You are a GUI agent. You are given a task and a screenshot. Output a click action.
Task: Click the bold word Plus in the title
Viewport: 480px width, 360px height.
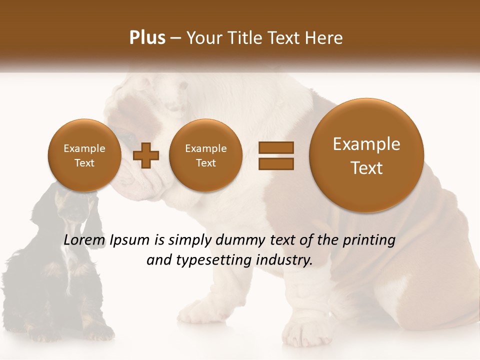pos(147,38)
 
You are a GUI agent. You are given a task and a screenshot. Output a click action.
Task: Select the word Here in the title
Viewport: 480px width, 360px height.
pos(325,38)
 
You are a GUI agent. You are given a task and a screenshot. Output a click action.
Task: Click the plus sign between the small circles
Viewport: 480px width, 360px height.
pos(146,155)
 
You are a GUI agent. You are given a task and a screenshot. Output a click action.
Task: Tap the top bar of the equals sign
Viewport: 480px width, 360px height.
pos(275,147)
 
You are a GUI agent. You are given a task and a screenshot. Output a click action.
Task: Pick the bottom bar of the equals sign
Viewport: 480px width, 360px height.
pos(275,163)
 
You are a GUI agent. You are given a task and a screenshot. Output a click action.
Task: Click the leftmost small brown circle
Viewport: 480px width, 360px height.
pos(84,155)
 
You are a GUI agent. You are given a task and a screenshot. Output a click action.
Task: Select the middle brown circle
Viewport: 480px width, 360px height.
pos(205,155)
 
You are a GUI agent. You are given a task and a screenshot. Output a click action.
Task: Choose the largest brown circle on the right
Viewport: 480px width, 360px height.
pos(366,155)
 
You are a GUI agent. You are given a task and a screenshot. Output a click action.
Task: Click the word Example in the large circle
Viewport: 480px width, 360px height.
pos(366,144)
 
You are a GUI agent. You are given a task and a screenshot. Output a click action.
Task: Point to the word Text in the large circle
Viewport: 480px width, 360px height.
pos(366,168)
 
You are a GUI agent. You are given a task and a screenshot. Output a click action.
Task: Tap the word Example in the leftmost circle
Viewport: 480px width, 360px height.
pos(84,148)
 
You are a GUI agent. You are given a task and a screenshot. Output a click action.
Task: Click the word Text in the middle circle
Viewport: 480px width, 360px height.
pos(205,163)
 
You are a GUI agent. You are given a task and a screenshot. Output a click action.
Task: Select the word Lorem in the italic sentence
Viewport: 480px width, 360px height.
pos(84,240)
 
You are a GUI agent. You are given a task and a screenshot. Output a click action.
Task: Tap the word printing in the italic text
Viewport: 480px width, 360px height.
pos(369,240)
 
